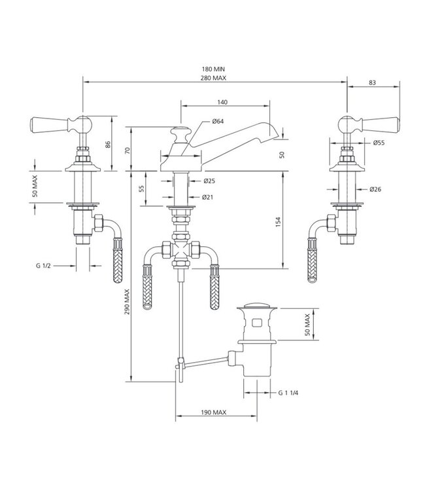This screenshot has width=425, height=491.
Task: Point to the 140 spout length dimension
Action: tap(222, 103)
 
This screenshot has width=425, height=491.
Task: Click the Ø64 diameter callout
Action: tap(218, 122)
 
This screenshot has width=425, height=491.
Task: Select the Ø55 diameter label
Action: tap(379, 142)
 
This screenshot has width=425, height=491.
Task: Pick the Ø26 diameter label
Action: tap(375, 189)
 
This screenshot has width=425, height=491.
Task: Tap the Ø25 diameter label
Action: tap(209, 181)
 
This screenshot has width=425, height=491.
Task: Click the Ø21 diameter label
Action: tap(209, 196)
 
